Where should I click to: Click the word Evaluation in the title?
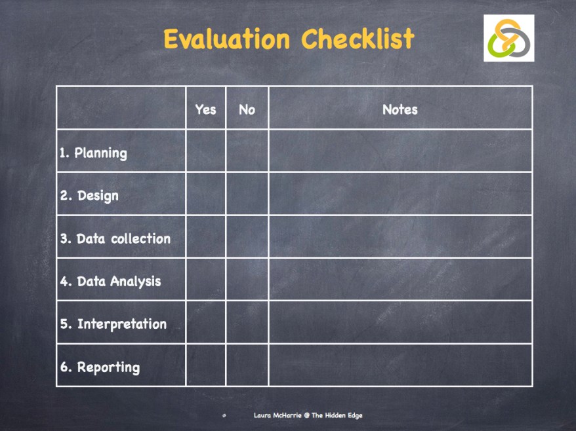[x=226, y=39]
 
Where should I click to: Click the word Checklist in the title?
[x=358, y=39]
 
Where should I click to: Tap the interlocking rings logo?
[x=508, y=38]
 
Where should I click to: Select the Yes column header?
[x=205, y=109]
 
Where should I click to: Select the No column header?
[x=247, y=109]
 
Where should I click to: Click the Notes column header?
[x=400, y=109]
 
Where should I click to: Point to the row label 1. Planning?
[x=93, y=153]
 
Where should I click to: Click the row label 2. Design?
[x=89, y=196]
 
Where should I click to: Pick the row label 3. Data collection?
[x=115, y=238]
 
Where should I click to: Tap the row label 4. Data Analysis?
[x=110, y=282]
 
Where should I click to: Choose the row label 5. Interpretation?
[x=113, y=324]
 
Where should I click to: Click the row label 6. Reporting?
[x=100, y=367]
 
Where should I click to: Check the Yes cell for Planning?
[x=205, y=151]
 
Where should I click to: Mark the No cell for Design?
[x=247, y=194]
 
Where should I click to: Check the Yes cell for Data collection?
[x=205, y=236]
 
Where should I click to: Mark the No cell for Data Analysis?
[x=247, y=279]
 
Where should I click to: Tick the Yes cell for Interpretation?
[x=205, y=322]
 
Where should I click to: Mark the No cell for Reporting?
[x=247, y=365]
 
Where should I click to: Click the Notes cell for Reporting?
[x=400, y=365]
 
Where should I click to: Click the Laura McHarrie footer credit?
[x=308, y=415]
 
